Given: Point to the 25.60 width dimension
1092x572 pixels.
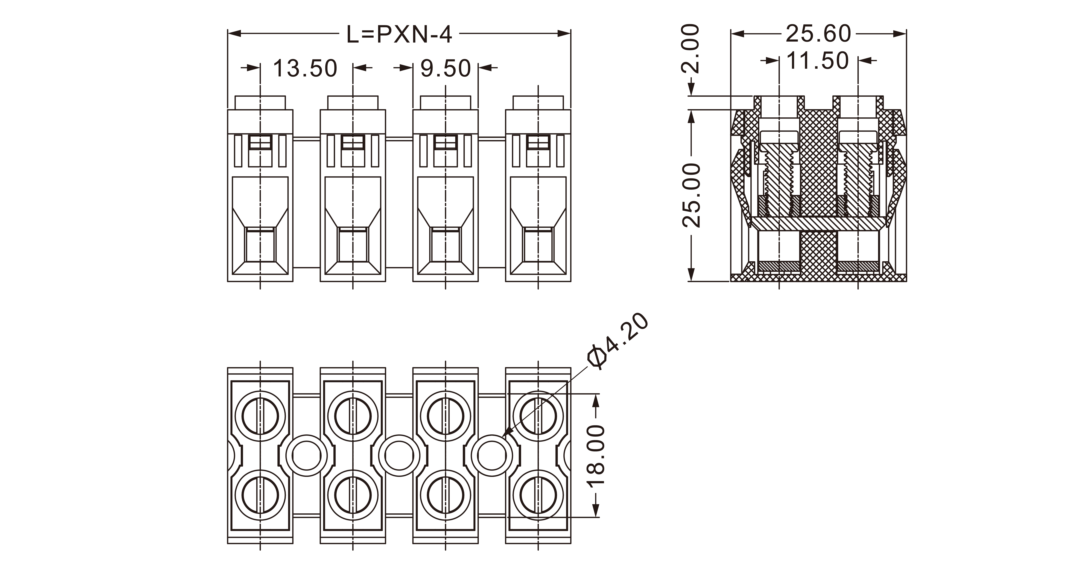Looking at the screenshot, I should click(x=818, y=34).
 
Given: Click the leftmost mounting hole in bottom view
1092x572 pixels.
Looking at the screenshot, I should click(x=306, y=456).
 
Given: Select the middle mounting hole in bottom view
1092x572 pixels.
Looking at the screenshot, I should click(x=399, y=456).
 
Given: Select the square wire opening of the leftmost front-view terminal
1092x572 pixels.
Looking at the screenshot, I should click(x=260, y=245).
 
